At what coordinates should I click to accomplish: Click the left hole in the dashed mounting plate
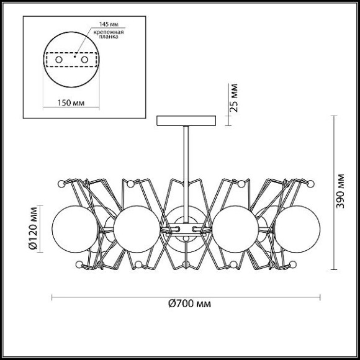59,60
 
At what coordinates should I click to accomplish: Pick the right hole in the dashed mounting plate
85,60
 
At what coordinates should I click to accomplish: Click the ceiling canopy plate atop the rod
186,120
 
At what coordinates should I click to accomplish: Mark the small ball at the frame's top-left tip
61,184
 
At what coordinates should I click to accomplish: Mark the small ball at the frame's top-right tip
312,184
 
